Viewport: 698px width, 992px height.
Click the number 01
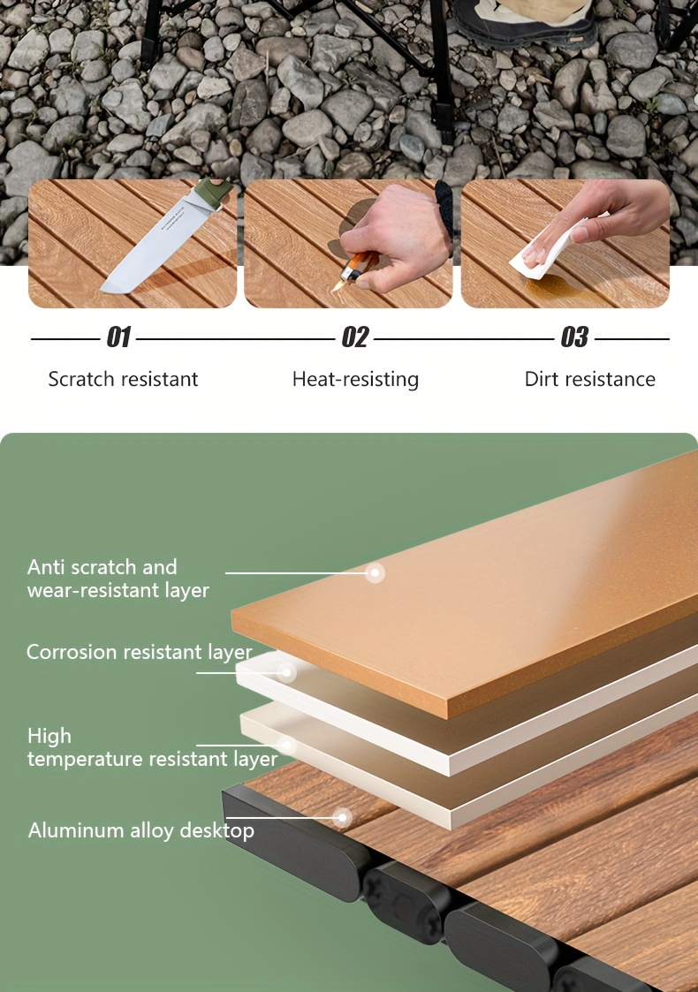tap(118, 337)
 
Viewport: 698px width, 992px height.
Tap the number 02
tap(354, 337)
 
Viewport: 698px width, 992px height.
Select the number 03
tap(574, 337)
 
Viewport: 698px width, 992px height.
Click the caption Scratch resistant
tap(123, 379)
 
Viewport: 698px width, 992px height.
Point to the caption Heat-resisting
tap(355, 380)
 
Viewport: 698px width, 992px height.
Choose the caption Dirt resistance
tap(590, 379)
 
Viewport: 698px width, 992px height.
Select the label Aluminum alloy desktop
tap(141, 830)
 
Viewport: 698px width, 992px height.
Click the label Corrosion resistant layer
tap(140, 652)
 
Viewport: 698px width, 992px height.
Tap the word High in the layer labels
tap(49, 736)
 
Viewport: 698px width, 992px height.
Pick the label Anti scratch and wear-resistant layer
tap(118, 579)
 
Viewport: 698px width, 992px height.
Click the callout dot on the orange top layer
tap(375, 572)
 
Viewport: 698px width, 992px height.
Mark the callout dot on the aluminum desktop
tap(342, 817)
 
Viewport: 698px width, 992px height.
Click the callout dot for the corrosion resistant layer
tap(286, 672)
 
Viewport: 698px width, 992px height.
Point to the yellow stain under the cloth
tap(557, 288)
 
